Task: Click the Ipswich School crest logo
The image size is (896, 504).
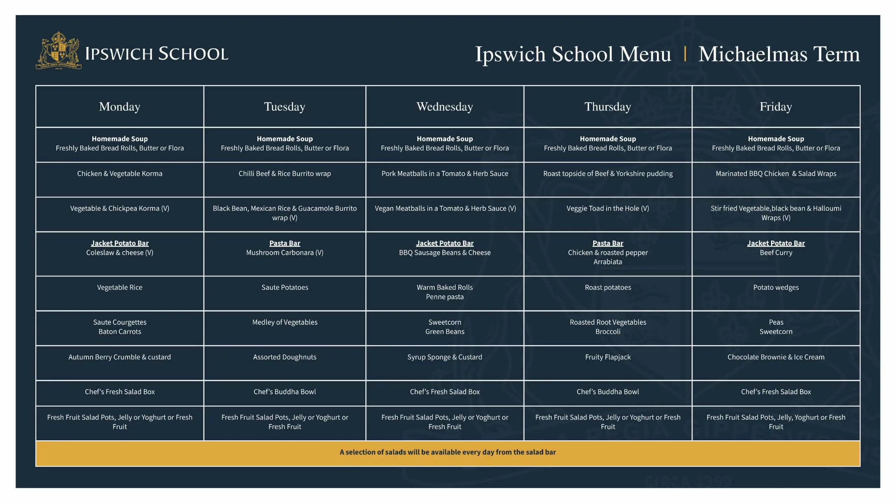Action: pyautogui.click(x=59, y=51)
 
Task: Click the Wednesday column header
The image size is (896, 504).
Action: pyautogui.click(x=444, y=106)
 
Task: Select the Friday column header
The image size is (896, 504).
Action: pyautogui.click(x=776, y=106)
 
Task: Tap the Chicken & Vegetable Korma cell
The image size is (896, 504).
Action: pyautogui.click(x=120, y=174)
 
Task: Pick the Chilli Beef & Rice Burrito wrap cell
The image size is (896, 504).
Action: pyautogui.click(x=285, y=174)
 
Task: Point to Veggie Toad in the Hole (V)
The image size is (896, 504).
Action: pyautogui.click(x=608, y=209)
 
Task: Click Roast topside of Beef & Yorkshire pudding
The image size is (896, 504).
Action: pyautogui.click(x=608, y=174)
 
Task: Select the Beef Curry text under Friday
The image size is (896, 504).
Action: pyautogui.click(x=776, y=253)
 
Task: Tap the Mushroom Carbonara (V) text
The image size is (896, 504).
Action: pyautogui.click(x=285, y=253)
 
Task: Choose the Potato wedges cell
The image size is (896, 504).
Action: pyautogui.click(x=776, y=287)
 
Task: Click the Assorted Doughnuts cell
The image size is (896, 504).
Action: pyautogui.click(x=285, y=357)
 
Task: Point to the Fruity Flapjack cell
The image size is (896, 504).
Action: pyautogui.click(x=608, y=357)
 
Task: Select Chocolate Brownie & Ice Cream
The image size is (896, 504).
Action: pyautogui.click(x=776, y=357)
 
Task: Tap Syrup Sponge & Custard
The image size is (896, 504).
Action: pyautogui.click(x=444, y=357)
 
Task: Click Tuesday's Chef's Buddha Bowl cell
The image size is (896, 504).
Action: pyautogui.click(x=285, y=392)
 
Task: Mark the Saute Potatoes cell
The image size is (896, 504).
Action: pyautogui.click(x=285, y=287)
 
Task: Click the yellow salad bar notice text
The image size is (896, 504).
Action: pyautogui.click(x=448, y=452)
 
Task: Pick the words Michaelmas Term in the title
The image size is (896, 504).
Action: pyautogui.click(x=779, y=54)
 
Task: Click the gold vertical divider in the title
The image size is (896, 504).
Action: pyautogui.click(x=685, y=54)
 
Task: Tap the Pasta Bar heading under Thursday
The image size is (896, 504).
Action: pyautogui.click(x=608, y=243)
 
